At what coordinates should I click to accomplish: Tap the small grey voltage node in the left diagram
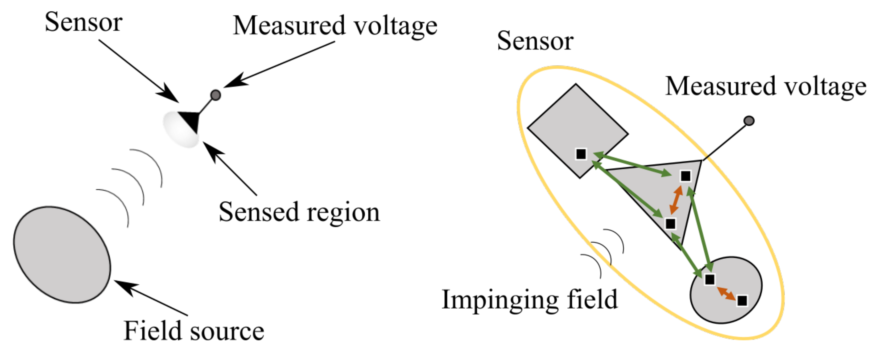(x=216, y=95)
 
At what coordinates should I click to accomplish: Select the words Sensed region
(x=299, y=212)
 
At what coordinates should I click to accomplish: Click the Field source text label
(x=194, y=331)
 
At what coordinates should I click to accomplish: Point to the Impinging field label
(x=529, y=299)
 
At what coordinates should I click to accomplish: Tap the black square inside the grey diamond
(x=581, y=154)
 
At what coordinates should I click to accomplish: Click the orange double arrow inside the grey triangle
(x=676, y=200)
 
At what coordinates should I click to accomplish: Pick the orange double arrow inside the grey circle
(x=726, y=293)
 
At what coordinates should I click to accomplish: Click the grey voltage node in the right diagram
(x=749, y=121)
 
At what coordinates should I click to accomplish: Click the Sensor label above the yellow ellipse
(x=535, y=41)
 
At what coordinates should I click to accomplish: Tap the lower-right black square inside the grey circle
(x=742, y=301)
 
